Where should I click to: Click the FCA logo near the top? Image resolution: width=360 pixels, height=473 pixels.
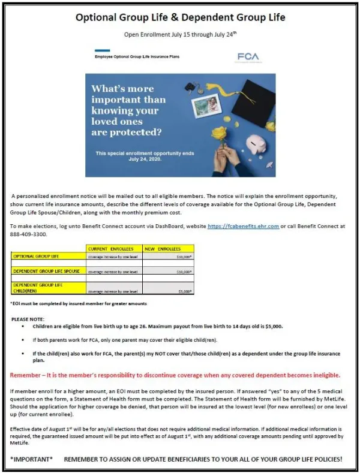tap(248, 57)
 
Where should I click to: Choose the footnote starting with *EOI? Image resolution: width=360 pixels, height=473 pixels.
tap(79, 303)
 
